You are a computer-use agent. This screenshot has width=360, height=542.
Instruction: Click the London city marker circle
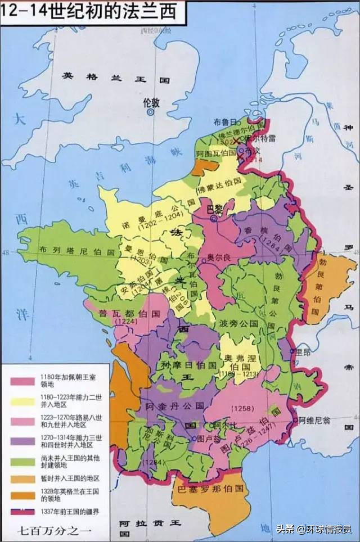[x=150, y=112]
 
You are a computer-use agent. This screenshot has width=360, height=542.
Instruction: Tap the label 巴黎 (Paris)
[x=215, y=208]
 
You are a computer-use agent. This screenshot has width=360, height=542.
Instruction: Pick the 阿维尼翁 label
[x=318, y=419]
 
